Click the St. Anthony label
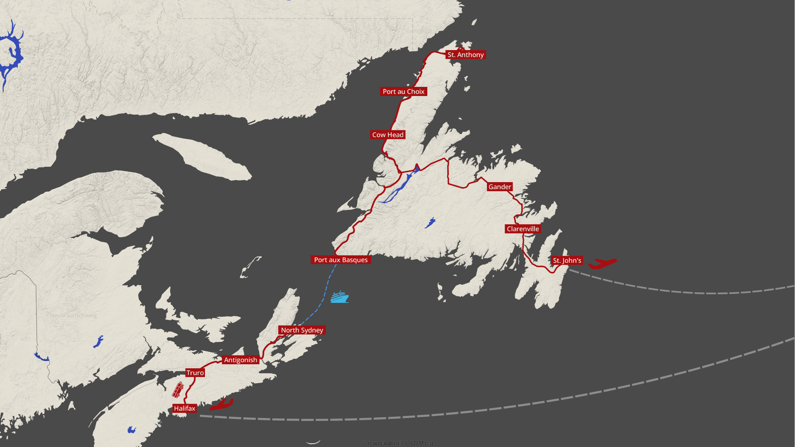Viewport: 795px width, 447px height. pos(465,55)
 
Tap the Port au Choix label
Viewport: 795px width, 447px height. pos(403,91)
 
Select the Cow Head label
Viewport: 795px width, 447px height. pos(388,135)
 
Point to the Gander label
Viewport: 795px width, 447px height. pos(500,187)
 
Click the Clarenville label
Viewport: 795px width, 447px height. pos(523,229)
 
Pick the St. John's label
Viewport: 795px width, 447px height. pos(567,260)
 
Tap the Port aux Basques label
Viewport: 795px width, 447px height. pos(340,260)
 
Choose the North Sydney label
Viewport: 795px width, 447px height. pos(302,330)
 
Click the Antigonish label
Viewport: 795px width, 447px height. pos(241,360)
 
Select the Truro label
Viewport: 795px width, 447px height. pos(195,373)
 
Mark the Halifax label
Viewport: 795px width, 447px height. pos(184,409)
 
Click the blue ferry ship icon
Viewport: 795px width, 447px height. pos(339,297)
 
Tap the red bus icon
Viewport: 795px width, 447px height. pos(178,390)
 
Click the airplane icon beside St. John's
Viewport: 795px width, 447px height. pos(602,263)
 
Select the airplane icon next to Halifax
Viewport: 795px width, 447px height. pos(222,404)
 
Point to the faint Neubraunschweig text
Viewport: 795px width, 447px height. pos(73,315)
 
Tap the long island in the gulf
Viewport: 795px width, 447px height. pos(203,156)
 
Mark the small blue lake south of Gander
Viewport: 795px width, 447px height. pos(430,223)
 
